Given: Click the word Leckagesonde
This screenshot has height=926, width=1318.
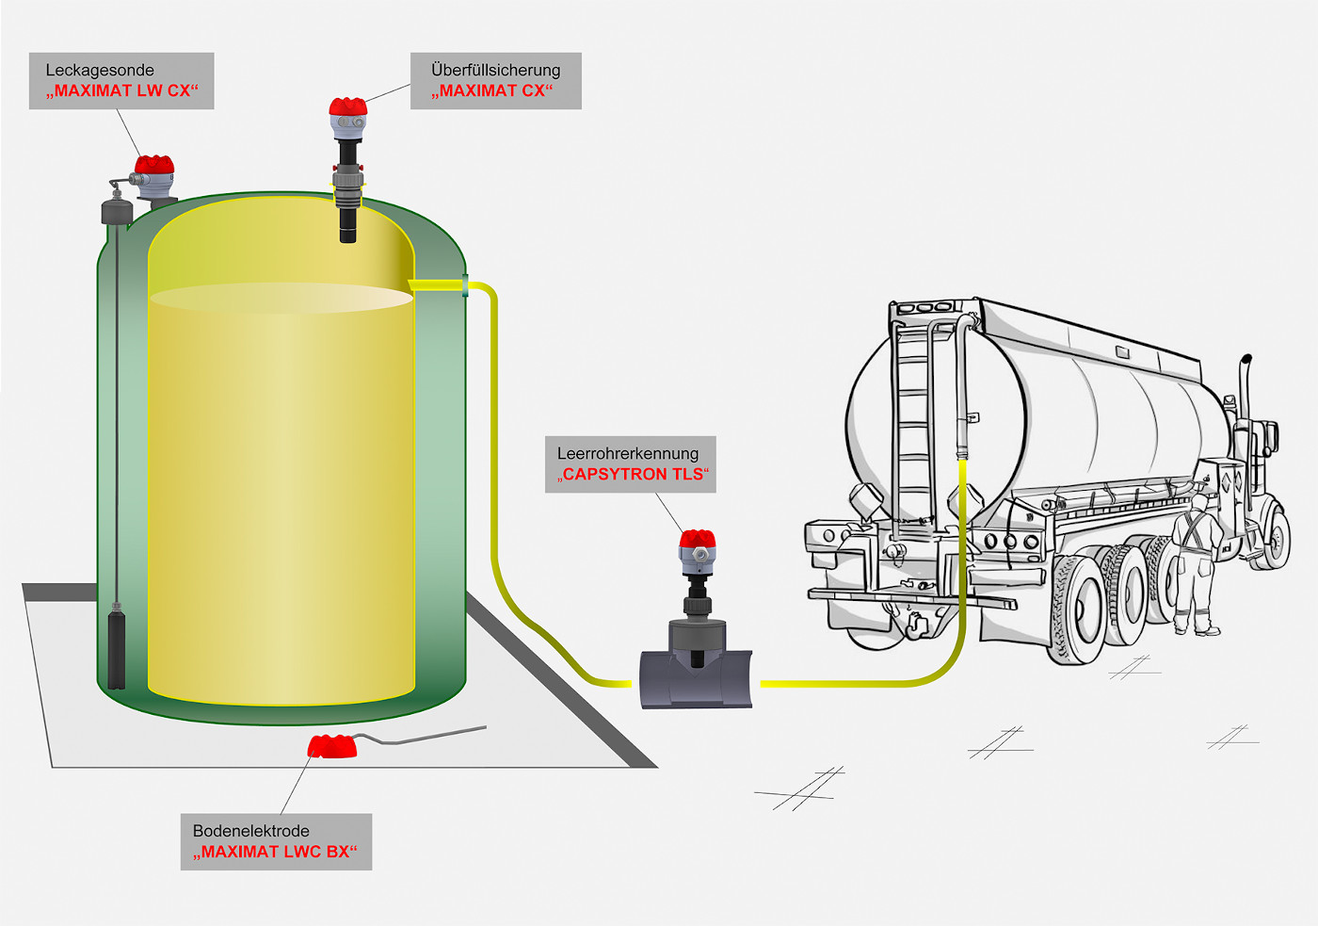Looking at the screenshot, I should tap(100, 70).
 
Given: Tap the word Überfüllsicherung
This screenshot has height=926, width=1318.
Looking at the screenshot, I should tap(495, 70).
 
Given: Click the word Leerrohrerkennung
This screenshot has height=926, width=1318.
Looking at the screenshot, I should tap(628, 453).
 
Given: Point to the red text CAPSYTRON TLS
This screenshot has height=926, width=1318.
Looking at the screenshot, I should tap(633, 475).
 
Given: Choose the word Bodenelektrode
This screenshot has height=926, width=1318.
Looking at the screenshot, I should tap(250, 831).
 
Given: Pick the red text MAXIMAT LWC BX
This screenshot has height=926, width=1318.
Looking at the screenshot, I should tap(275, 853).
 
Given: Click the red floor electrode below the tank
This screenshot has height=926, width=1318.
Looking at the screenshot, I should tap(332, 746).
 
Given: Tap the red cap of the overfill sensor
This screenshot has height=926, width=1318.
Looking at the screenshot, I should tap(347, 106).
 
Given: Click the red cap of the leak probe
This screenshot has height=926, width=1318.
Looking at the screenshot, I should tap(154, 166).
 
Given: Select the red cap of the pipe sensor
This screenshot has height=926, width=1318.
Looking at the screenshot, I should tap(698, 540).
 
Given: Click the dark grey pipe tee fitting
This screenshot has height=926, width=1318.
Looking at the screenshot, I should tap(696, 676).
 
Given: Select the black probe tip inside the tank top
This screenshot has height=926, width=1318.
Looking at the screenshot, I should tap(347, 226).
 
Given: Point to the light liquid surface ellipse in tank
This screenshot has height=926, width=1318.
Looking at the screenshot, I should tap(281, 298).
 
